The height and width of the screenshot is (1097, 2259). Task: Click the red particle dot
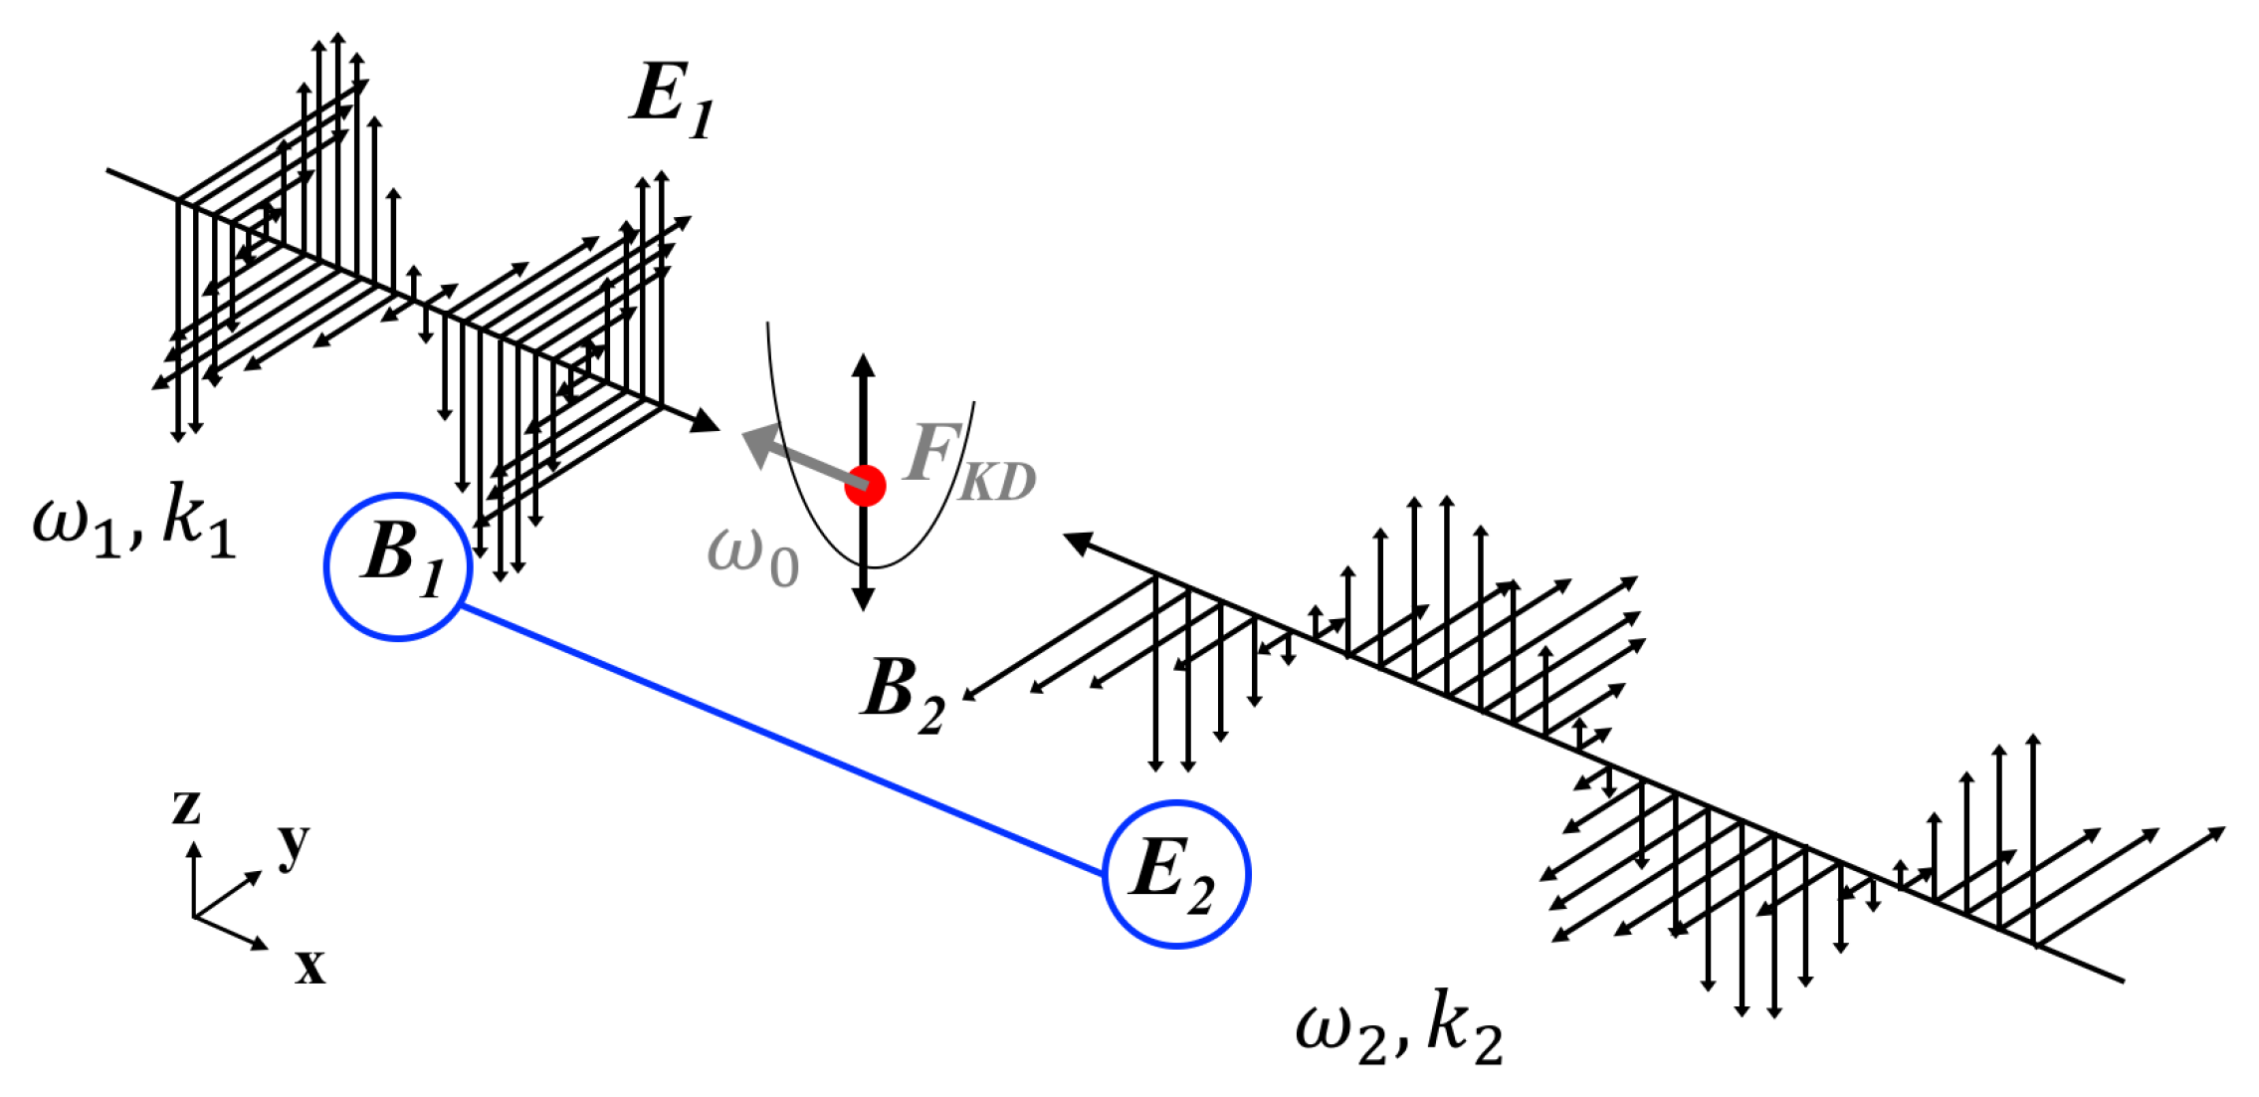click(865, 486)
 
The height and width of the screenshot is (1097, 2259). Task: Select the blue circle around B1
click(398, 566)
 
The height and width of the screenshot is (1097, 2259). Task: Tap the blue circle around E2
click(1176, 874)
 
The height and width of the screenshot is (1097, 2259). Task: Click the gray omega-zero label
click(752, 558)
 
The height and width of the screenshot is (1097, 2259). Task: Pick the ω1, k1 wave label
click(134, 522)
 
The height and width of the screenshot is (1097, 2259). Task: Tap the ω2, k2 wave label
click(1398, 1030)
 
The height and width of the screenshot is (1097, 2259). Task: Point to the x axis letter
click(309, 965)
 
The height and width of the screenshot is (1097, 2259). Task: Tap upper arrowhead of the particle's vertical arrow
click(864, 365)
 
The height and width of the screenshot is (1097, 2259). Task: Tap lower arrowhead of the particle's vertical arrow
click(864, 598)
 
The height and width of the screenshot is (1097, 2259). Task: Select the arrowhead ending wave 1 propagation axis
click(706, 422)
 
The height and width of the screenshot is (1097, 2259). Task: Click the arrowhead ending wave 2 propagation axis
click(1079, 543)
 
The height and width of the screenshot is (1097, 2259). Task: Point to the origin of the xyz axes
click(194, 916)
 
